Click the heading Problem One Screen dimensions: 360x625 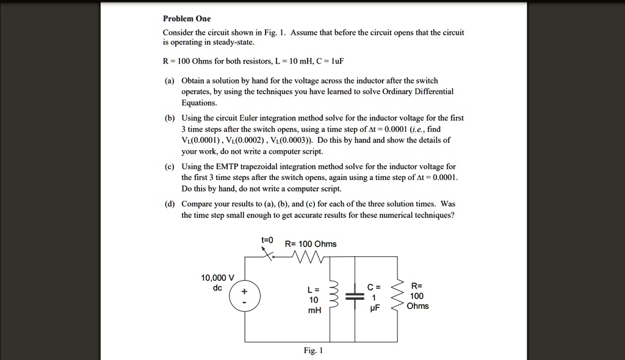(x=187, y=19)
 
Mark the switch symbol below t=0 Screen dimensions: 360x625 (x=266, y=256)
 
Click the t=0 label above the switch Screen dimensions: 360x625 (x=267, y=240)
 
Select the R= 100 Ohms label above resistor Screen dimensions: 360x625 (x=311, y=244)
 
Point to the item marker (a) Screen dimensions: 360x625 (x=168, y=81)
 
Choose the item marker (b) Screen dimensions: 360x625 (x=168, y=118)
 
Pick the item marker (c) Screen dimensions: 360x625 (x=168, y=167)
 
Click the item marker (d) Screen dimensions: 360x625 (x=168, y=204)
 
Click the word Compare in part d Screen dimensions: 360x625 (x=197, y=204)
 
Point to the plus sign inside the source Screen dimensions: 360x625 (x=245, y=292)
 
